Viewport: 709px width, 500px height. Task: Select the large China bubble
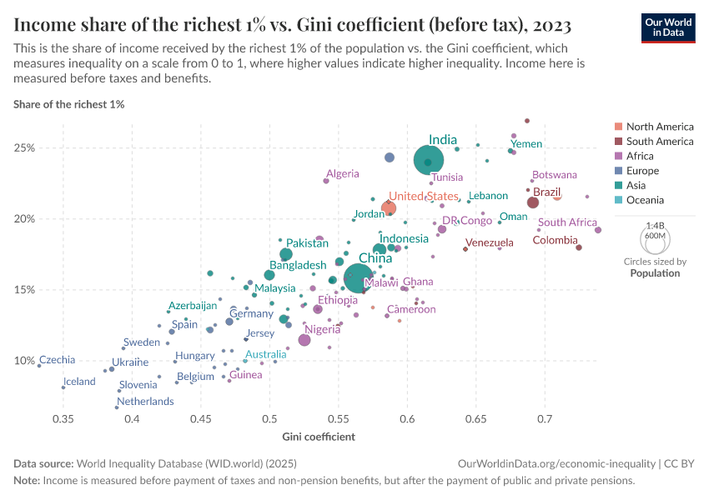pos(360,279)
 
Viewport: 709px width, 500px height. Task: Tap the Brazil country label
pos(547,192)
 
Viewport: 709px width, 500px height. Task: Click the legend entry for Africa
pos(640,157)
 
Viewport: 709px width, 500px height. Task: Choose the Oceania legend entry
pos(645,200)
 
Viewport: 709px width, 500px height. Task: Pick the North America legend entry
pos(659,127)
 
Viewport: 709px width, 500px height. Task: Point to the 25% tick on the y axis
pos(24,148)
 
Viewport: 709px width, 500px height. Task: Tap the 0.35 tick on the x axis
pos(63,416)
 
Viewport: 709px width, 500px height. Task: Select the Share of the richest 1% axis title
pos(68,104)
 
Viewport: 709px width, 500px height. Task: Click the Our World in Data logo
pos(668,27)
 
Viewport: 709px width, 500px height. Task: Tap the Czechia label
pos(57,360)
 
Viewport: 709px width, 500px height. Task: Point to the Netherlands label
pos(145,401)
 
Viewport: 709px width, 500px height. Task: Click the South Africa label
pos(567,222)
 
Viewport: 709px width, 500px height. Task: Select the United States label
pos(424,196)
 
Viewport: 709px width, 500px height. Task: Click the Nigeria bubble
pos(304,340)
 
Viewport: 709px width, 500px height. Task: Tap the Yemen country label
pos(527,144)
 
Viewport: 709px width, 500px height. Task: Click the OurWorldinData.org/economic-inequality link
pos(553,462)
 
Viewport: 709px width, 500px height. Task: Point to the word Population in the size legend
pos(655,273)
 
